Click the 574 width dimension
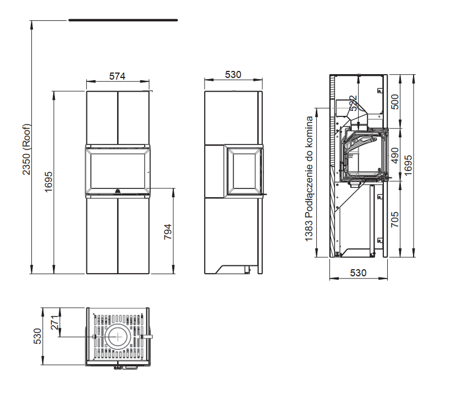(117, 76)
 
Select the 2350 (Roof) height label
(26, 149)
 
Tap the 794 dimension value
(168, 232)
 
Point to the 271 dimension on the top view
(56, 322)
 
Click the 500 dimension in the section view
(395, 102)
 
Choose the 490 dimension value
(395, 155)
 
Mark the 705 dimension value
(395, 220)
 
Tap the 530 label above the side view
(233, 74)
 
